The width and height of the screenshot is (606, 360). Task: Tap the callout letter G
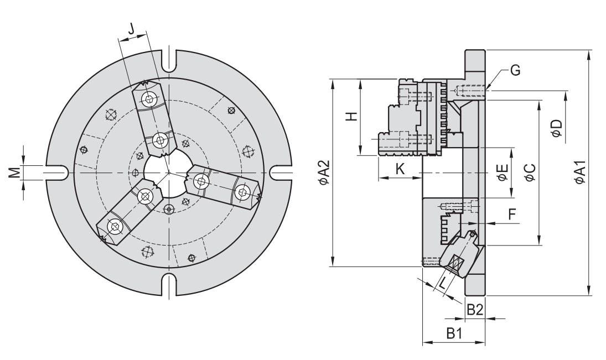click(x=515, y=70)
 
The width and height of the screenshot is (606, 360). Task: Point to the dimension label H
click(x=350, y=117)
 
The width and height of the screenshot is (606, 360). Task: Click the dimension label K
click(x=400, y=170)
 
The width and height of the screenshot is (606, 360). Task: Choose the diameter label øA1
click(x=579, y=173)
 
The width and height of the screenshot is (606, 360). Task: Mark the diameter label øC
click(x=530, y=173)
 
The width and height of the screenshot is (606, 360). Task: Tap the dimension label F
click(x=512, y=213)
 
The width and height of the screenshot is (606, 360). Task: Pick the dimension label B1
click(x=454, y=333)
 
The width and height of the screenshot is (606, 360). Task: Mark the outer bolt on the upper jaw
click(x=149, y=100)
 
